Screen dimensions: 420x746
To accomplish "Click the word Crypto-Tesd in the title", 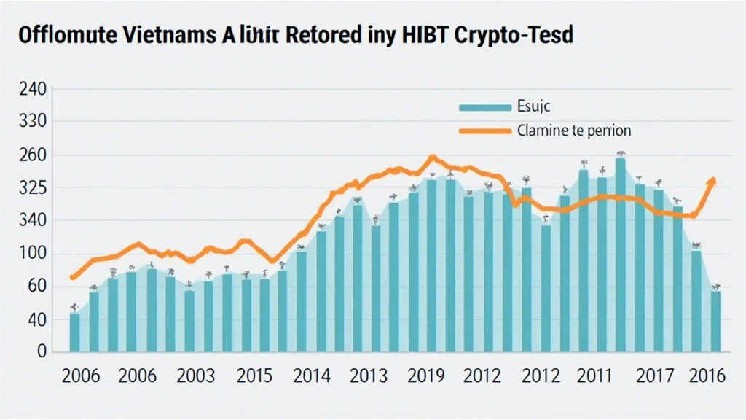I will [514, 36].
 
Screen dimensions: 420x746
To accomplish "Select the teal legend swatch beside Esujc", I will [484, 107].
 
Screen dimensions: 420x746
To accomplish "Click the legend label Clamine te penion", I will [573, 131].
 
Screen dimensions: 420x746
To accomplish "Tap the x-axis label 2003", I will [195, 376].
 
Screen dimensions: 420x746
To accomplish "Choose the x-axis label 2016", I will [707, 376].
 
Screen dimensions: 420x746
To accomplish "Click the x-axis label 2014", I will [313, 376].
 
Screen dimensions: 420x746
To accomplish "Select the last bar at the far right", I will [715, 321].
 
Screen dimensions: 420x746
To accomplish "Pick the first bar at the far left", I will [74, 332].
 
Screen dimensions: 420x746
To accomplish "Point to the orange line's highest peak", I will [433, 157].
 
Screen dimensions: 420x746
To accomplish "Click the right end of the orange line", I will [713, 180].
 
